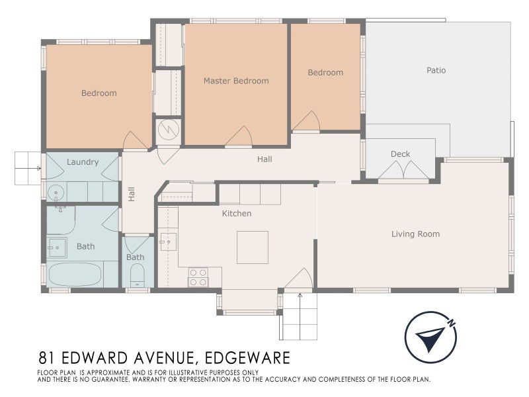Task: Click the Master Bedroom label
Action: pyautogui.click(x=236, y=81)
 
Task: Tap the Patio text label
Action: pyautogui.click(x=436, y=69)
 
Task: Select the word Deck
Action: pyautogui.click(x=400, y=154)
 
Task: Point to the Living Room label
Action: pyautogui.click(x=415, y=234)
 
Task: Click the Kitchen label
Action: pyautogui.click(x=236, y=213)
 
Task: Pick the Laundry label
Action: pyautogui.click(x=83, y=161)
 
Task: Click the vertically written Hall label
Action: pyautogui.click(x=131, y=194)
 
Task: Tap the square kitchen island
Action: pyautogui.click(x=252, y=247)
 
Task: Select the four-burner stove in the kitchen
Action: pyautogui.click(x=198, y=277)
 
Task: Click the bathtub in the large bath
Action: pyautogui.click(x=75, y=275)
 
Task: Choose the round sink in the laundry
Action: pyautogui.click(x=56, y=193)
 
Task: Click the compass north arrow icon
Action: pyautogui.click(x=430, y=336)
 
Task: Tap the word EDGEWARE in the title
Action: pyautogui.click(x=247, y=358)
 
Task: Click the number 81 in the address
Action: pyautogui.click(x=46, y=358)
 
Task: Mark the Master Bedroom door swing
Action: pyautogui.click(x=238, y=136)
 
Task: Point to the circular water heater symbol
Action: pyautogui.click(x=168, y=129)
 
